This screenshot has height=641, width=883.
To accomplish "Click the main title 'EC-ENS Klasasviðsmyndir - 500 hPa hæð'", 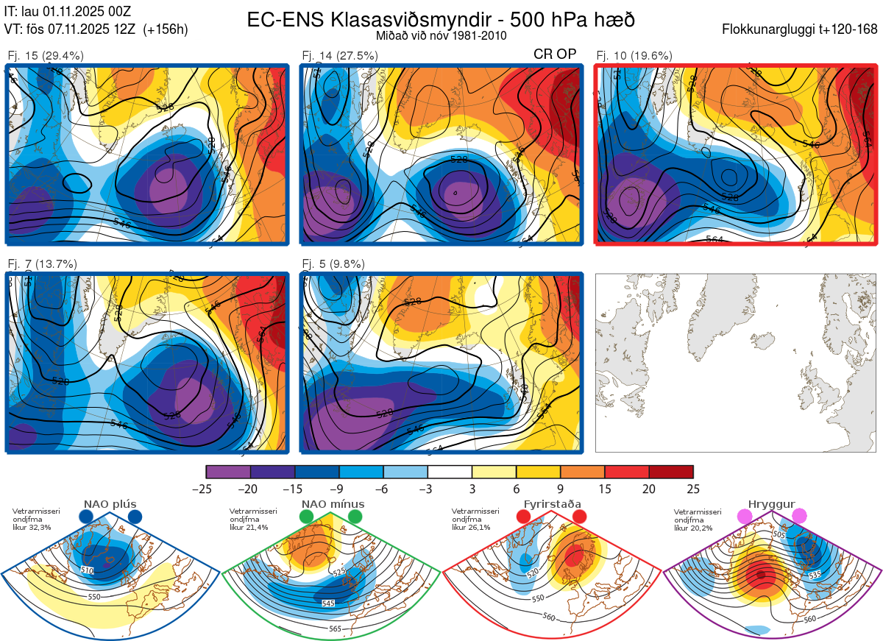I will (441, 19).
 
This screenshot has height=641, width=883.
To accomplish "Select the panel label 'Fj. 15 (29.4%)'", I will (46, 55).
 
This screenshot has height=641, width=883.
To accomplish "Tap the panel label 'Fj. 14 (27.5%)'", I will (340, 55).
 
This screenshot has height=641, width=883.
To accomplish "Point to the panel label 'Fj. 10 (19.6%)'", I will (634, 55).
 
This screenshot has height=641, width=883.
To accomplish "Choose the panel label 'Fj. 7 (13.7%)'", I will (43, 263).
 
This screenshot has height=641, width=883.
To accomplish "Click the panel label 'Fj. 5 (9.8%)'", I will (333, 263).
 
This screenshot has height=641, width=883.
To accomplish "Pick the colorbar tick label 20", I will (649, 489).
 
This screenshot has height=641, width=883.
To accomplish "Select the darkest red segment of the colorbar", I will (671, 472).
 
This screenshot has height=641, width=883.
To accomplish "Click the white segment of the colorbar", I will (450, 472).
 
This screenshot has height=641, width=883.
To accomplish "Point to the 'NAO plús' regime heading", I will (110, 504).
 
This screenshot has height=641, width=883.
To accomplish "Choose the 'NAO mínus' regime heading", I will (333, 504).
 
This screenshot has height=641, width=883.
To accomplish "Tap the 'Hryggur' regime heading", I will (771, 504).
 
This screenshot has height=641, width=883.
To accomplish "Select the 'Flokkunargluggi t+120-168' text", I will (800, 30).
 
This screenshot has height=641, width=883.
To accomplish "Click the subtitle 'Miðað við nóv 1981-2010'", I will (441, 35).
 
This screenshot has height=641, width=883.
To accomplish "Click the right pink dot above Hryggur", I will (799, 517).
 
